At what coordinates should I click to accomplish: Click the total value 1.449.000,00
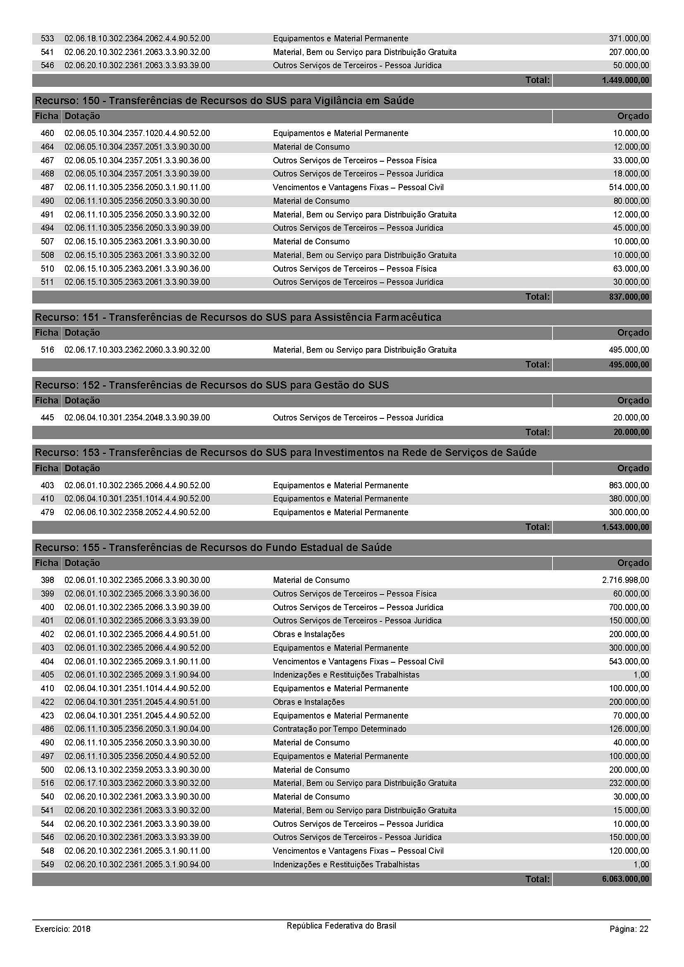(x=625, y=80)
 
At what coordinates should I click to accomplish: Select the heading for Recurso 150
(x=225, y=100)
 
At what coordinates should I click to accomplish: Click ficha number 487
(x=47, y=187)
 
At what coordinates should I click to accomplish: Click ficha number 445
(x=47, y=418)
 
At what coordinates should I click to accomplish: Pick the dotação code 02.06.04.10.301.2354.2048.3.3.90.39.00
(x=137, y=418)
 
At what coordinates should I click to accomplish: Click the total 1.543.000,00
(x=625, y=527)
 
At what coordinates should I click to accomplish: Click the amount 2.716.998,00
(x=625, y=580)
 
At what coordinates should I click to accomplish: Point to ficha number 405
(x=47, y=675)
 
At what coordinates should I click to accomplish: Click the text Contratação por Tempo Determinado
(x=340, y=728)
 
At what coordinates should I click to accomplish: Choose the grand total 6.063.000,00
(x=625, y=879)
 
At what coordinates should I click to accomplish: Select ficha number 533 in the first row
(x=47, y=38)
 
